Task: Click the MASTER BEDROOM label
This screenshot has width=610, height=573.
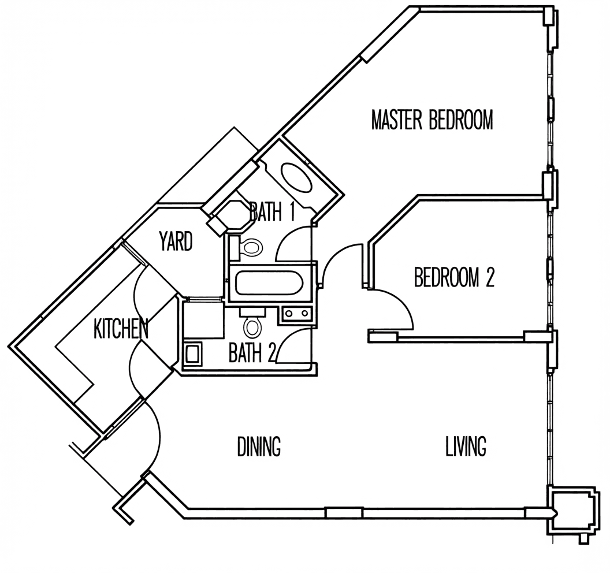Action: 432,120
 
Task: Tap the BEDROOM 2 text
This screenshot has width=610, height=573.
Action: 454,277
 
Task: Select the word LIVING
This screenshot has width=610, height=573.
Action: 466,446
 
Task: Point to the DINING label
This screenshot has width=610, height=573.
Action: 259,446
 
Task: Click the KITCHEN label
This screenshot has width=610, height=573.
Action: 121,329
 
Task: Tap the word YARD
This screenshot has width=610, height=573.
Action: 176,241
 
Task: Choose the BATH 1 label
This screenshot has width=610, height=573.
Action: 271,212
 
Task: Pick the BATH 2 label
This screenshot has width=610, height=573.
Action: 252,352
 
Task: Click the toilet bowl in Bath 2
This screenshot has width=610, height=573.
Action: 252,327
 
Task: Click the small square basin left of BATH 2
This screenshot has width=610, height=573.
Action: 194,354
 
